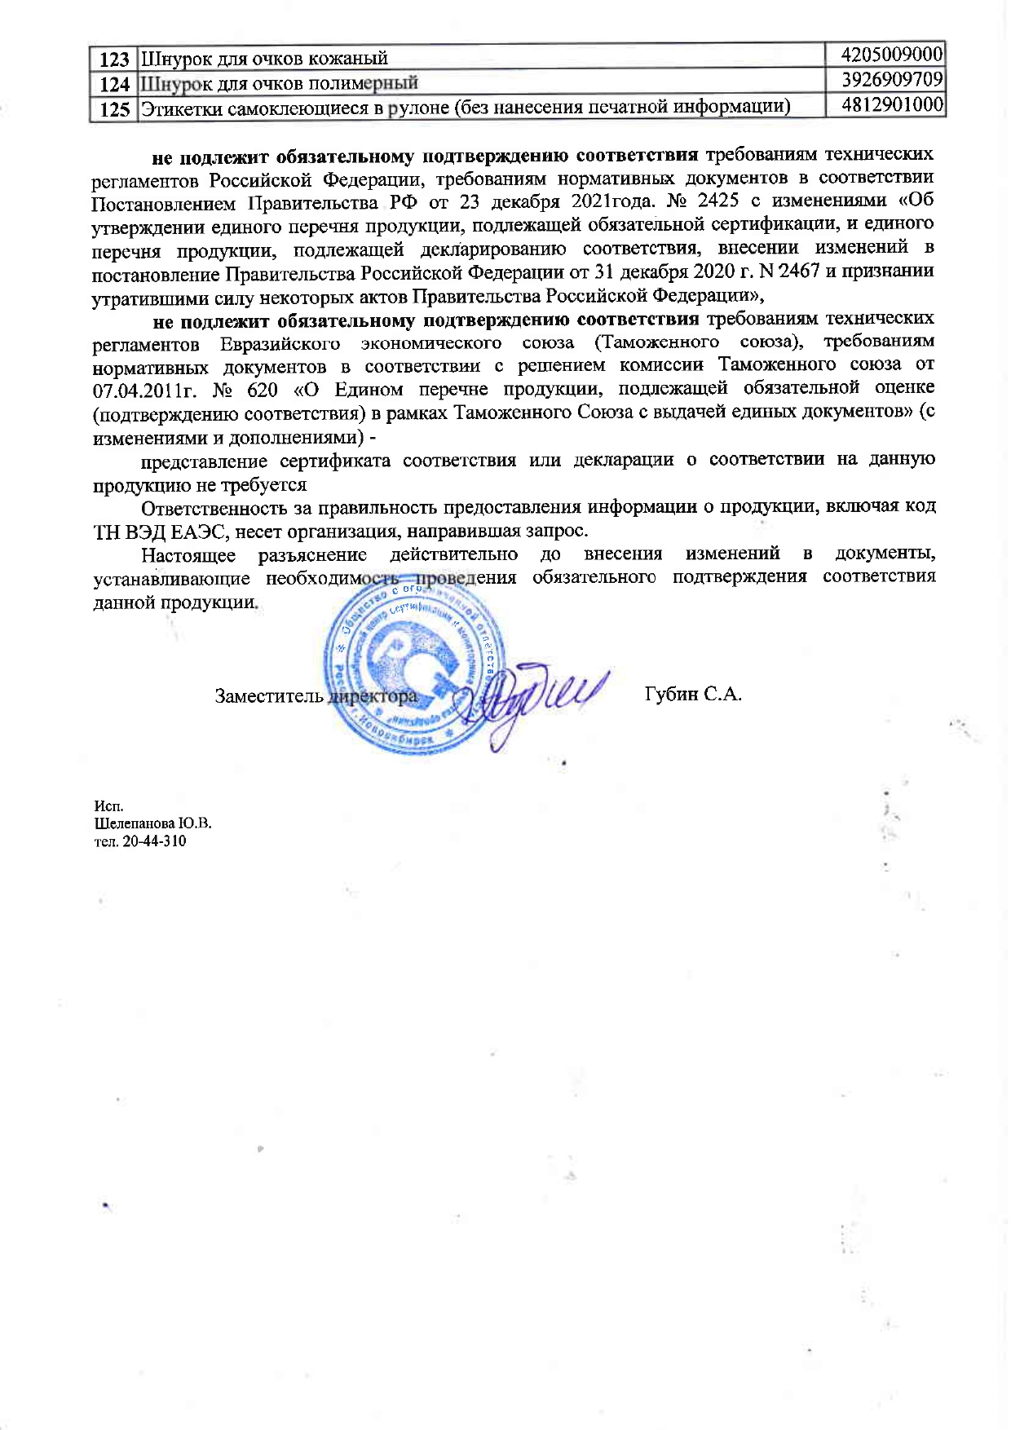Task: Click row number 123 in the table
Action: click(115, 59)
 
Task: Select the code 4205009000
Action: click(892, 55)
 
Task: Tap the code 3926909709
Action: click(892, 80)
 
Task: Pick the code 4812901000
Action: click(892, 105)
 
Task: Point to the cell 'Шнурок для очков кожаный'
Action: click(264, 59)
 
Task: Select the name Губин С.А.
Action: click(692, 695)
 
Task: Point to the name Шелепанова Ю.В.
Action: click(152, 823)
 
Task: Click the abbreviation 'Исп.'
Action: click(108, 806)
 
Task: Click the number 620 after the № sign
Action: click(262, 390)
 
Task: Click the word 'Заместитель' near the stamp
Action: click(269, 695)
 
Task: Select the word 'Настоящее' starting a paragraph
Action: click(188, 555)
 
